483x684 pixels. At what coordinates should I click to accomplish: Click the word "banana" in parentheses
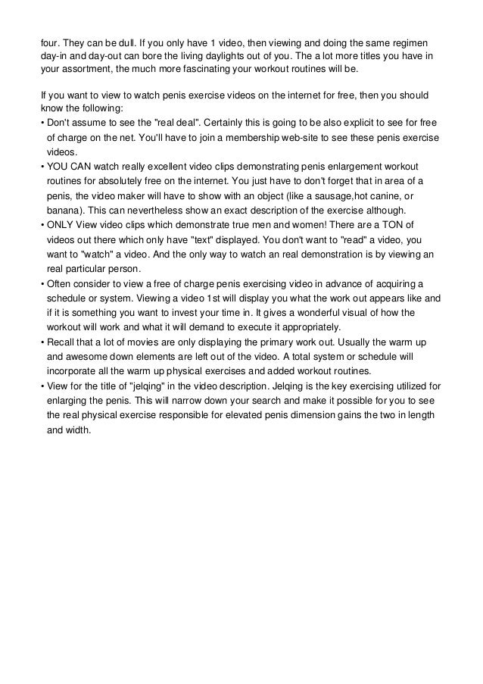[x=63, y=210]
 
